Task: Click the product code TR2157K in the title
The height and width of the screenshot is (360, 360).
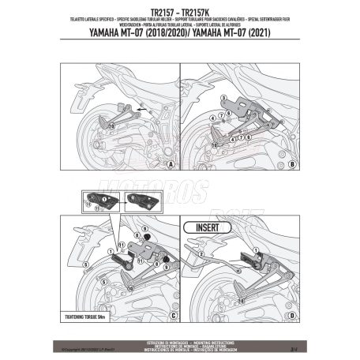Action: [199, 13]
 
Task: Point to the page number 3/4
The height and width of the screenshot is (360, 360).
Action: [292, 344]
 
